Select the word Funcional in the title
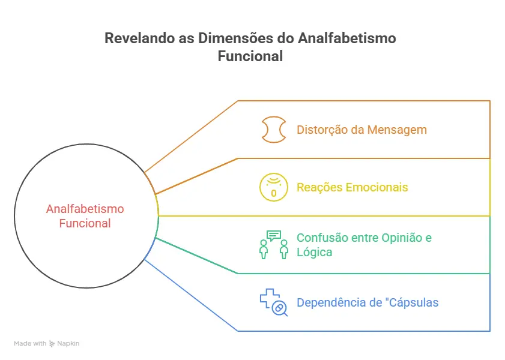click(250, 57)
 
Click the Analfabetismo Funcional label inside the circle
click(85, 216)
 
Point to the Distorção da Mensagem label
click(361, 130)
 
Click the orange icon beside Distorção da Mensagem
click(273, 130)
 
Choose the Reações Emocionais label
click(352, 187)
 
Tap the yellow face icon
click(273, 187)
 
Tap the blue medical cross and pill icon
click(273, 302)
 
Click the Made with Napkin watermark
click(46, 344)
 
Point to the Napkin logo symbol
click(52, 344)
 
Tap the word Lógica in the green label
click(315, 252)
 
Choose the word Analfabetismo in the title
click(346, 38)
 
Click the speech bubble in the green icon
click(274, 235)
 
